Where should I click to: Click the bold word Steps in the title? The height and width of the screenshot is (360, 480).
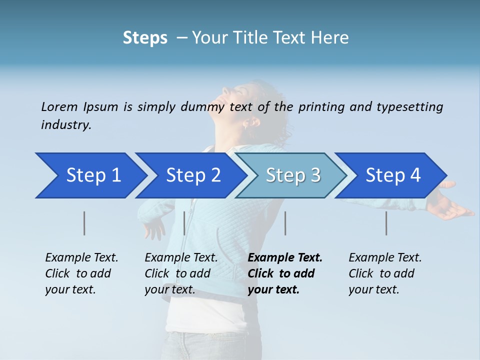point(145,38)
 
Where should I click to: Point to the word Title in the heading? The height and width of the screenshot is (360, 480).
point(247,38)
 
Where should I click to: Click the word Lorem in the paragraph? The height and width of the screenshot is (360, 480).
point(59,106)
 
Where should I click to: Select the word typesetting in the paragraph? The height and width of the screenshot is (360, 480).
point(409,107)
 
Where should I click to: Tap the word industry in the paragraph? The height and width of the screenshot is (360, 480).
point(66,125)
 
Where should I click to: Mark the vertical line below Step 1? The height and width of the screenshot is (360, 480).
point(84,223)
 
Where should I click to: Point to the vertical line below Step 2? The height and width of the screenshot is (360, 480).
point(184,223)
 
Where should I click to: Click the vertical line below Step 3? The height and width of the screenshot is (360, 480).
point(285,223)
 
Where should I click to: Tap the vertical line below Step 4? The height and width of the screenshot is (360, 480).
point(386,223)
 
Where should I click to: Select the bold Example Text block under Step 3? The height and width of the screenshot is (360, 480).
point(285,273)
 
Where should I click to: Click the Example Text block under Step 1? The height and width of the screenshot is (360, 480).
point(81,273)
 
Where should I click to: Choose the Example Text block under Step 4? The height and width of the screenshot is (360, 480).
point(385,273)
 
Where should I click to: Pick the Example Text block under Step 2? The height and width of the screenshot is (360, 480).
point(181,273)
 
